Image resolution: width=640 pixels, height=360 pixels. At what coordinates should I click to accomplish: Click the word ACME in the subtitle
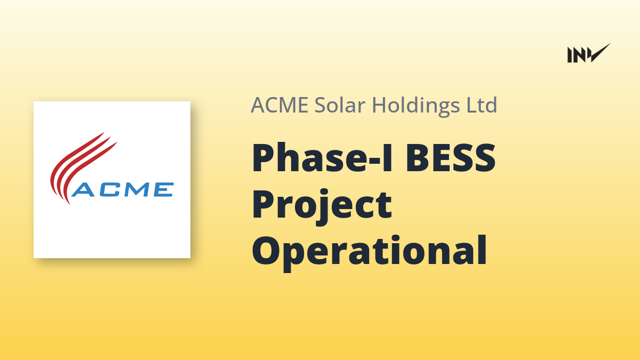click(x=279, y=105)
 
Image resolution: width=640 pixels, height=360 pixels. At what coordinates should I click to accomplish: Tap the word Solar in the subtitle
click(x=340, y=105)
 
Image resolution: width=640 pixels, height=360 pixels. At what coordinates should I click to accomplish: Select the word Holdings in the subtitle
click(x=416, y=106)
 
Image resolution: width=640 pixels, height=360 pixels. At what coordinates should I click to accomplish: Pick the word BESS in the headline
click(x=451, y=157)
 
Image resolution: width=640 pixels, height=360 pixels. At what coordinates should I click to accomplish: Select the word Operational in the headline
click(x=370, y=251)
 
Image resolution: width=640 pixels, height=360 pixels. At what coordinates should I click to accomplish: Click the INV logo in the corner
click(x=589, y=53)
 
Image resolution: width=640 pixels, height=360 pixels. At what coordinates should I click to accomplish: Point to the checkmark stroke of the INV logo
click(x=599, y=53)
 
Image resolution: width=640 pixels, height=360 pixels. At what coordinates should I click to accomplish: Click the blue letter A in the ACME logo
click(x=83, y=189)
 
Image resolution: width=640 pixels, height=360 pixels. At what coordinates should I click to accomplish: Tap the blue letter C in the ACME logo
click(x=110, y=189)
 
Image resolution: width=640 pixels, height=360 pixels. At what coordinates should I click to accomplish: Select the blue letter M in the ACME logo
click(x=138, y=189)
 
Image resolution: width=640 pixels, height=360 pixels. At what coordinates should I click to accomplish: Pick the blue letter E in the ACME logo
click(x=163, y=189)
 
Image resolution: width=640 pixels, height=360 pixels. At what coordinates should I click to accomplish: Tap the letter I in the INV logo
click(x=570, y=55)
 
